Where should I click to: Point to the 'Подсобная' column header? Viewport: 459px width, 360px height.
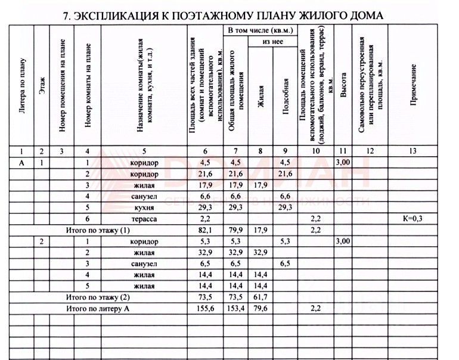(x=286, y=96)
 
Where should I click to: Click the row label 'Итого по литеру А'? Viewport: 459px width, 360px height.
(x=97, y=309)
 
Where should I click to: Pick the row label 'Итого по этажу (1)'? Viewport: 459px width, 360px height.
(x=97, y=230)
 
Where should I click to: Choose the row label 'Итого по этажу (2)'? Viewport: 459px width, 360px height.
(x=97, y=297)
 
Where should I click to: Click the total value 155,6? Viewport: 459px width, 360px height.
(x=204, y=309)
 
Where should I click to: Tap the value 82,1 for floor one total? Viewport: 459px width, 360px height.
(x=204, y=230)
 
